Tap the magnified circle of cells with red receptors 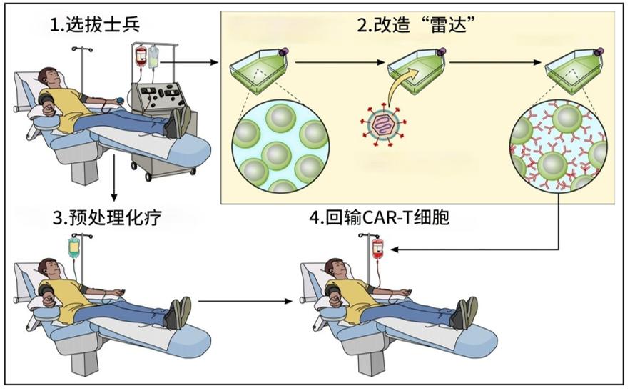click(x=559, y=146)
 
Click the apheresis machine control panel click(x=161, y=97)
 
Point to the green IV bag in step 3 click(x=73, y=247)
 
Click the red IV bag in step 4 click(x=377, y=248)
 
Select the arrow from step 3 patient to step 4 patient click(x=245, y=301)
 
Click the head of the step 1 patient click(x=49, y=75)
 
